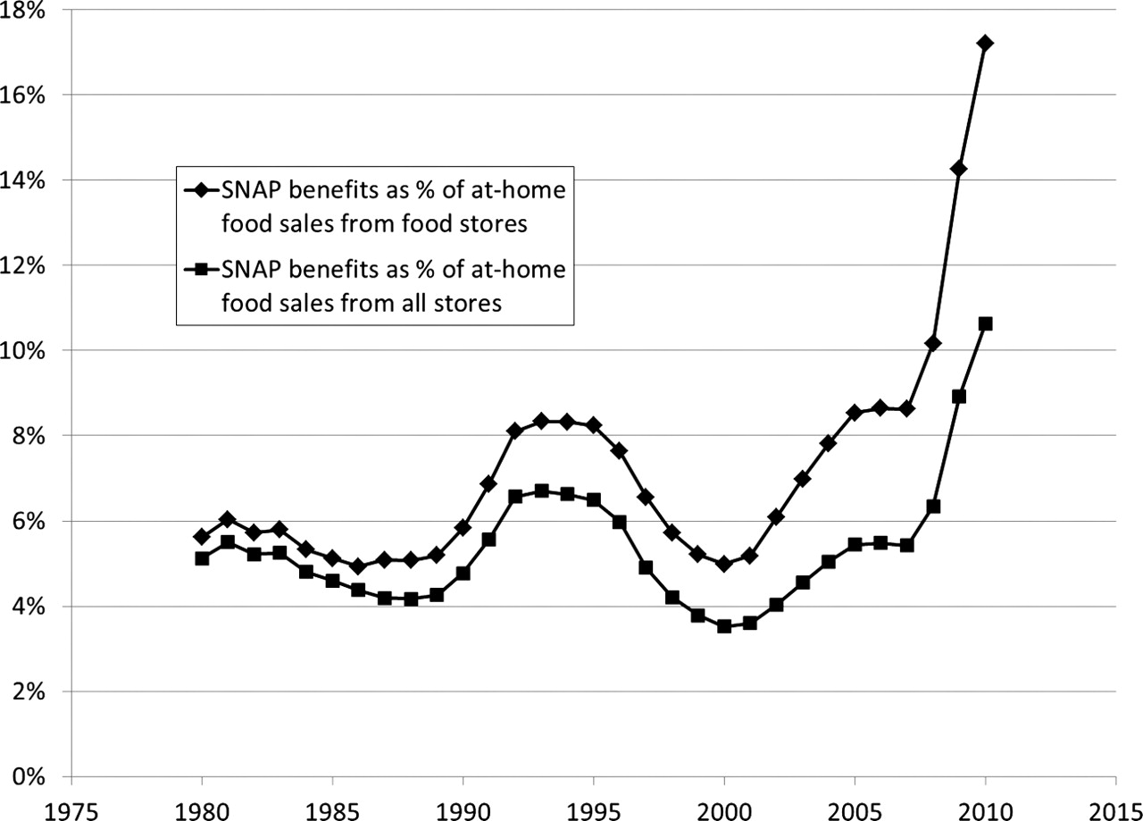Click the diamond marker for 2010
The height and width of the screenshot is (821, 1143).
[x=986, y=43]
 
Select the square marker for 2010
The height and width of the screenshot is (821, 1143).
[x=986, y=323]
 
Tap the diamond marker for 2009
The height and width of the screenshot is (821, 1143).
[x=960, y=169]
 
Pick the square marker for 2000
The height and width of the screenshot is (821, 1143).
[x=724, y=626]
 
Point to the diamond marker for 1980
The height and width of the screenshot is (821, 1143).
[x=202, y=537]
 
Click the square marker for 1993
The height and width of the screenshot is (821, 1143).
[x=541, y=490]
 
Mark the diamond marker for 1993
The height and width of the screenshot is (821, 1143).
[x=541, y=421]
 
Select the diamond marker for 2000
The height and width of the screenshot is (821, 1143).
[x=724, y=564]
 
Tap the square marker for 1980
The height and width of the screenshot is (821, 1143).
[x=202, y=558]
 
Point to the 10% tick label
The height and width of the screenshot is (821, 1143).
[x=28, y=350]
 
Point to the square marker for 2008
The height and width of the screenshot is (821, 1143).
[x=934, y=507]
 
